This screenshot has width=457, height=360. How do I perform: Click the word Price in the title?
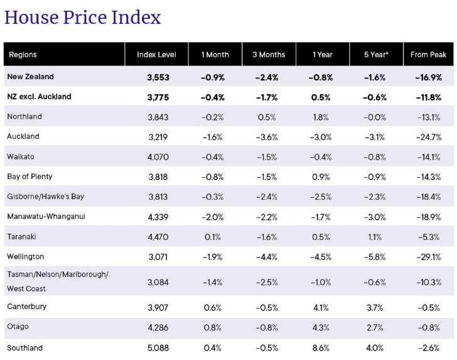point(85,17)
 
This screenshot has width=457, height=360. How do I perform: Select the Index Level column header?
point(156,55)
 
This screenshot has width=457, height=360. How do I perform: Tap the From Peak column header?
point(428,55)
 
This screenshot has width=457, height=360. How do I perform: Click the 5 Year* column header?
point(376,55)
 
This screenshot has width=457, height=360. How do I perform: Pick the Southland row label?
point(24,347)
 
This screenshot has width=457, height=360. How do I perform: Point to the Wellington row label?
point(25,256)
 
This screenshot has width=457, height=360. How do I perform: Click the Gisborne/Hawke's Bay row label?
point(45,197)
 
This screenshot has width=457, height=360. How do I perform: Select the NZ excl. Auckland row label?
point(39,97)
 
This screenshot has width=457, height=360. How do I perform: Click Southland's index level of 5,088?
point(158,348)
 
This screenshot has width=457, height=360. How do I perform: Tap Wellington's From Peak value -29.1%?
point(428,257)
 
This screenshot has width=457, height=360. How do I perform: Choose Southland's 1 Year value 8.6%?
point(321,348)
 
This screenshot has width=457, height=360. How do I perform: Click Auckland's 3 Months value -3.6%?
point(267,137)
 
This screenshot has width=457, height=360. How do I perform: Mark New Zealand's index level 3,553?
point(158,77)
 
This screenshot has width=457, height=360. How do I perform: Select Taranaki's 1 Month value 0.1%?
point(212,237)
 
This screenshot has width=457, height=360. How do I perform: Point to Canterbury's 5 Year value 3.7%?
point(375,308)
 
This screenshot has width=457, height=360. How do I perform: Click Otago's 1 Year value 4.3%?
point(321,327)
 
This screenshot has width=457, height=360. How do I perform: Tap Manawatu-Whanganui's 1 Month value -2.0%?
point(212,217)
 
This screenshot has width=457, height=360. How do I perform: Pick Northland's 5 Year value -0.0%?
point(375,117)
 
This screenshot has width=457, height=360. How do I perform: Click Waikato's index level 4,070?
point(158,157)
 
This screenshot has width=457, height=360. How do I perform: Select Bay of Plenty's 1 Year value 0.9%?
point(321,177)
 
